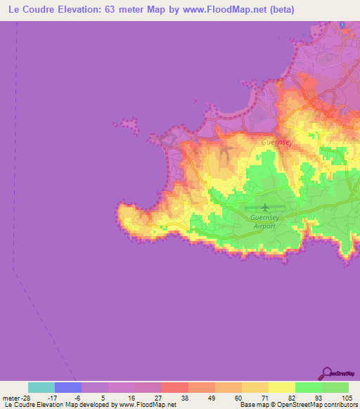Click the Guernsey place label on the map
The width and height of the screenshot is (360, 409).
(x=276, y=141)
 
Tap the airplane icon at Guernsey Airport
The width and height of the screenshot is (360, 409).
(x=264, y=207)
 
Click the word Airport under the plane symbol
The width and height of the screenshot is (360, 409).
(x=264, y=226)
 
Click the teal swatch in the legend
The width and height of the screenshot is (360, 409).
(x=41, y=387)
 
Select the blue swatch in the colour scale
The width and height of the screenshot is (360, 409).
(x=68, y=387)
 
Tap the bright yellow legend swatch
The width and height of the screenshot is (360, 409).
(x=282, y=387)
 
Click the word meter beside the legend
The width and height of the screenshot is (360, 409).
(x=9, y=398)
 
